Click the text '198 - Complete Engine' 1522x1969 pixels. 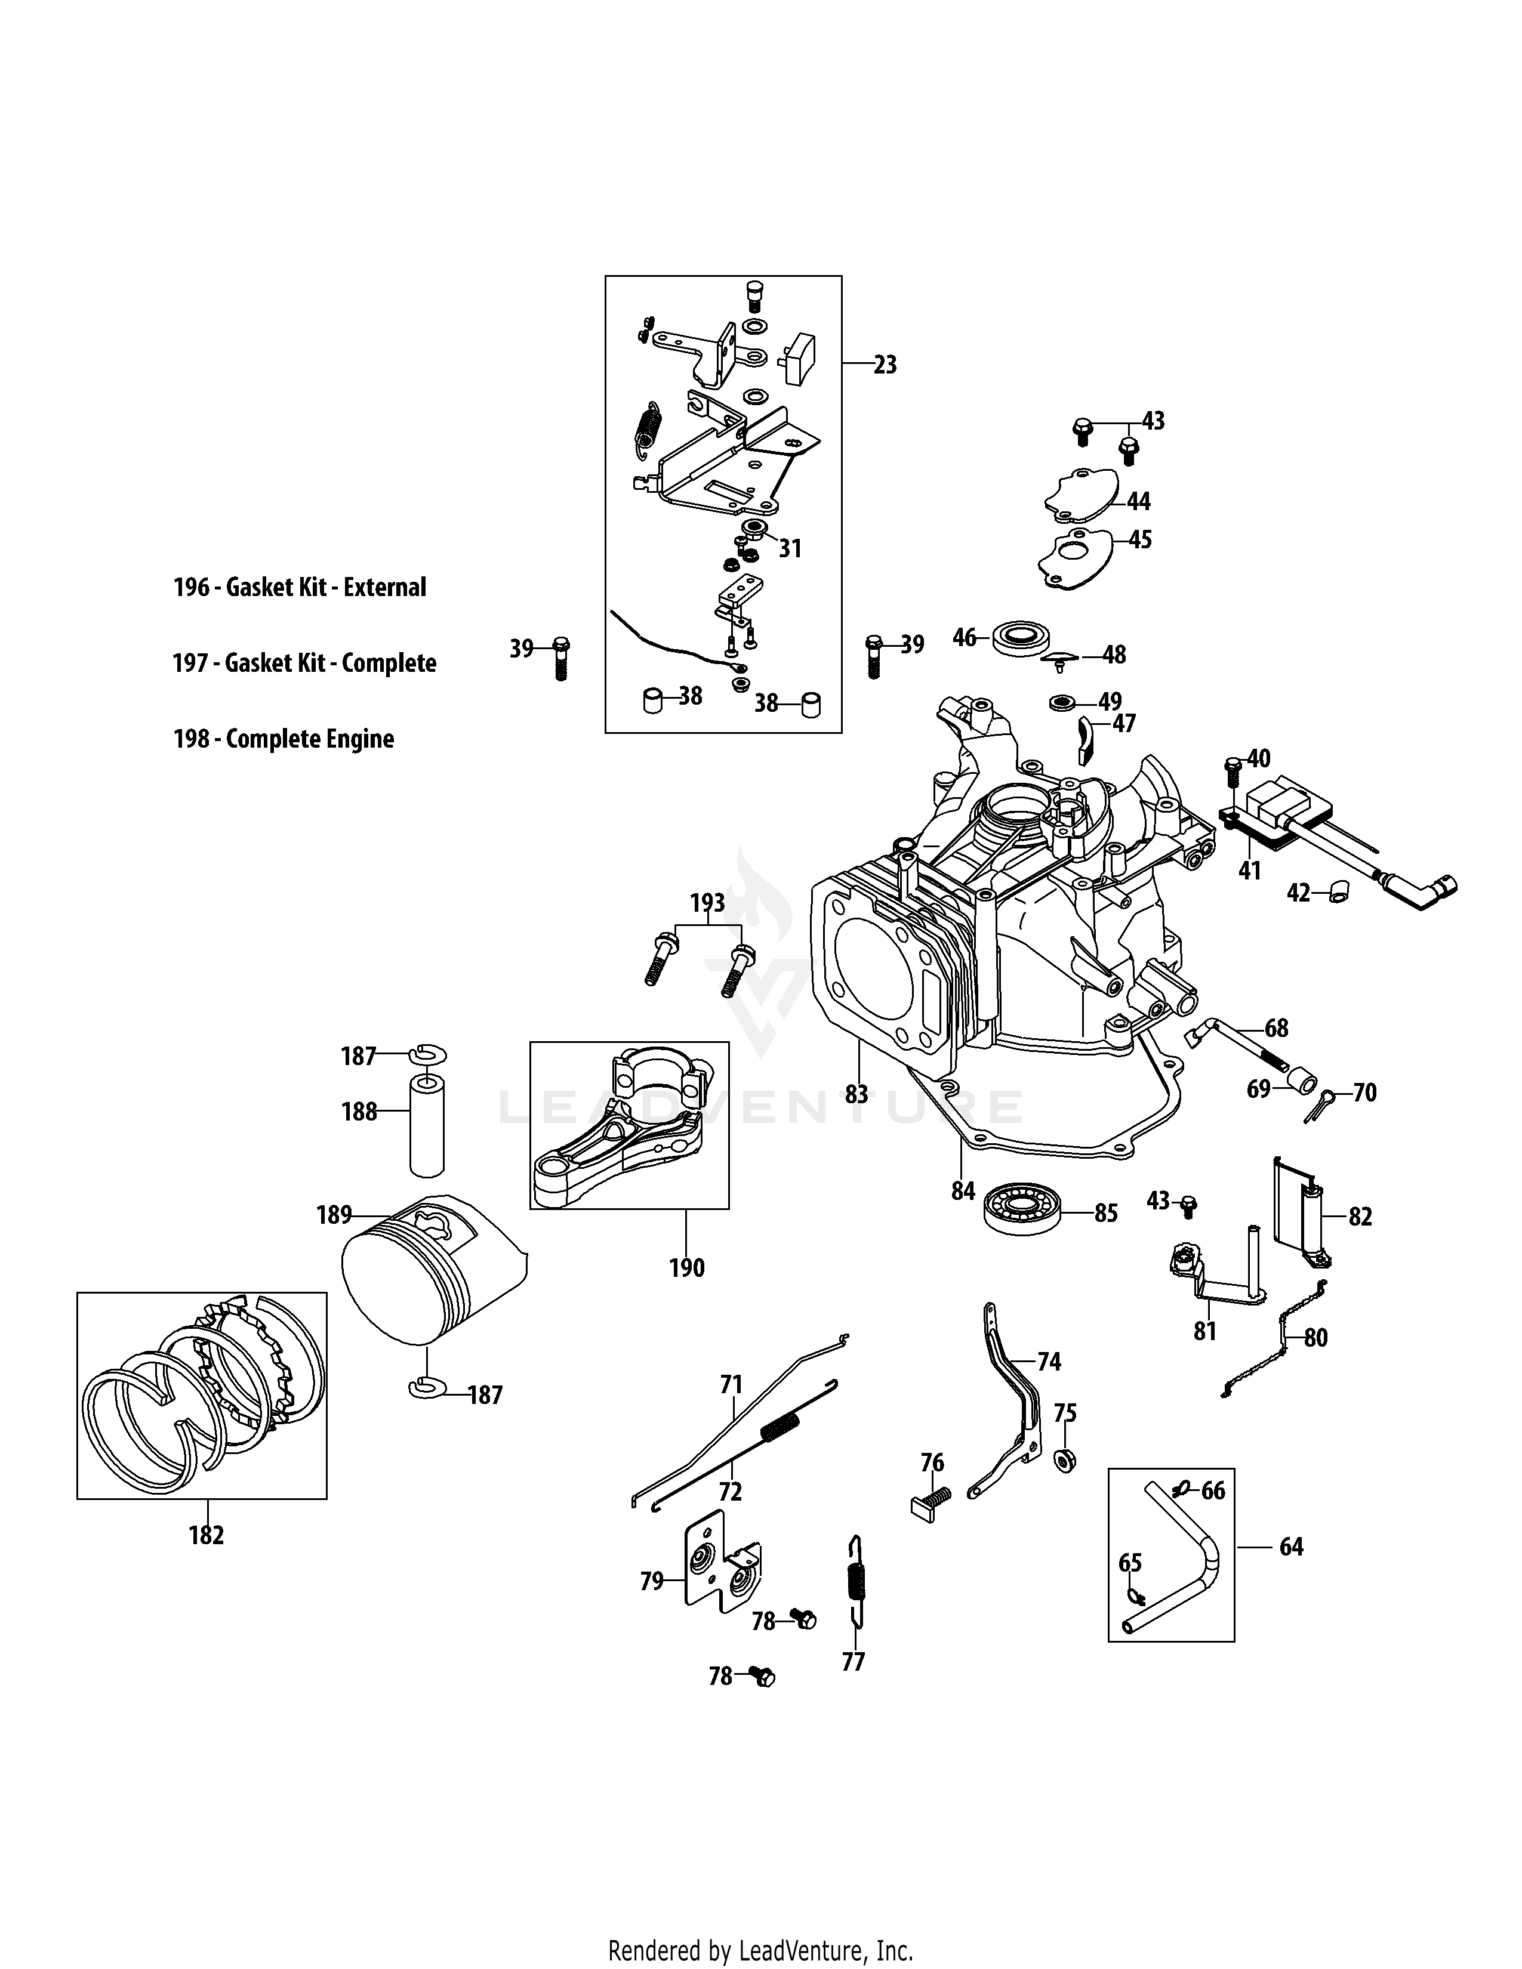283,739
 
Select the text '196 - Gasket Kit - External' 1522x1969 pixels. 300,588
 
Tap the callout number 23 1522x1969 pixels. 885,365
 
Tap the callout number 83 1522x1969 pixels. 856,1094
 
